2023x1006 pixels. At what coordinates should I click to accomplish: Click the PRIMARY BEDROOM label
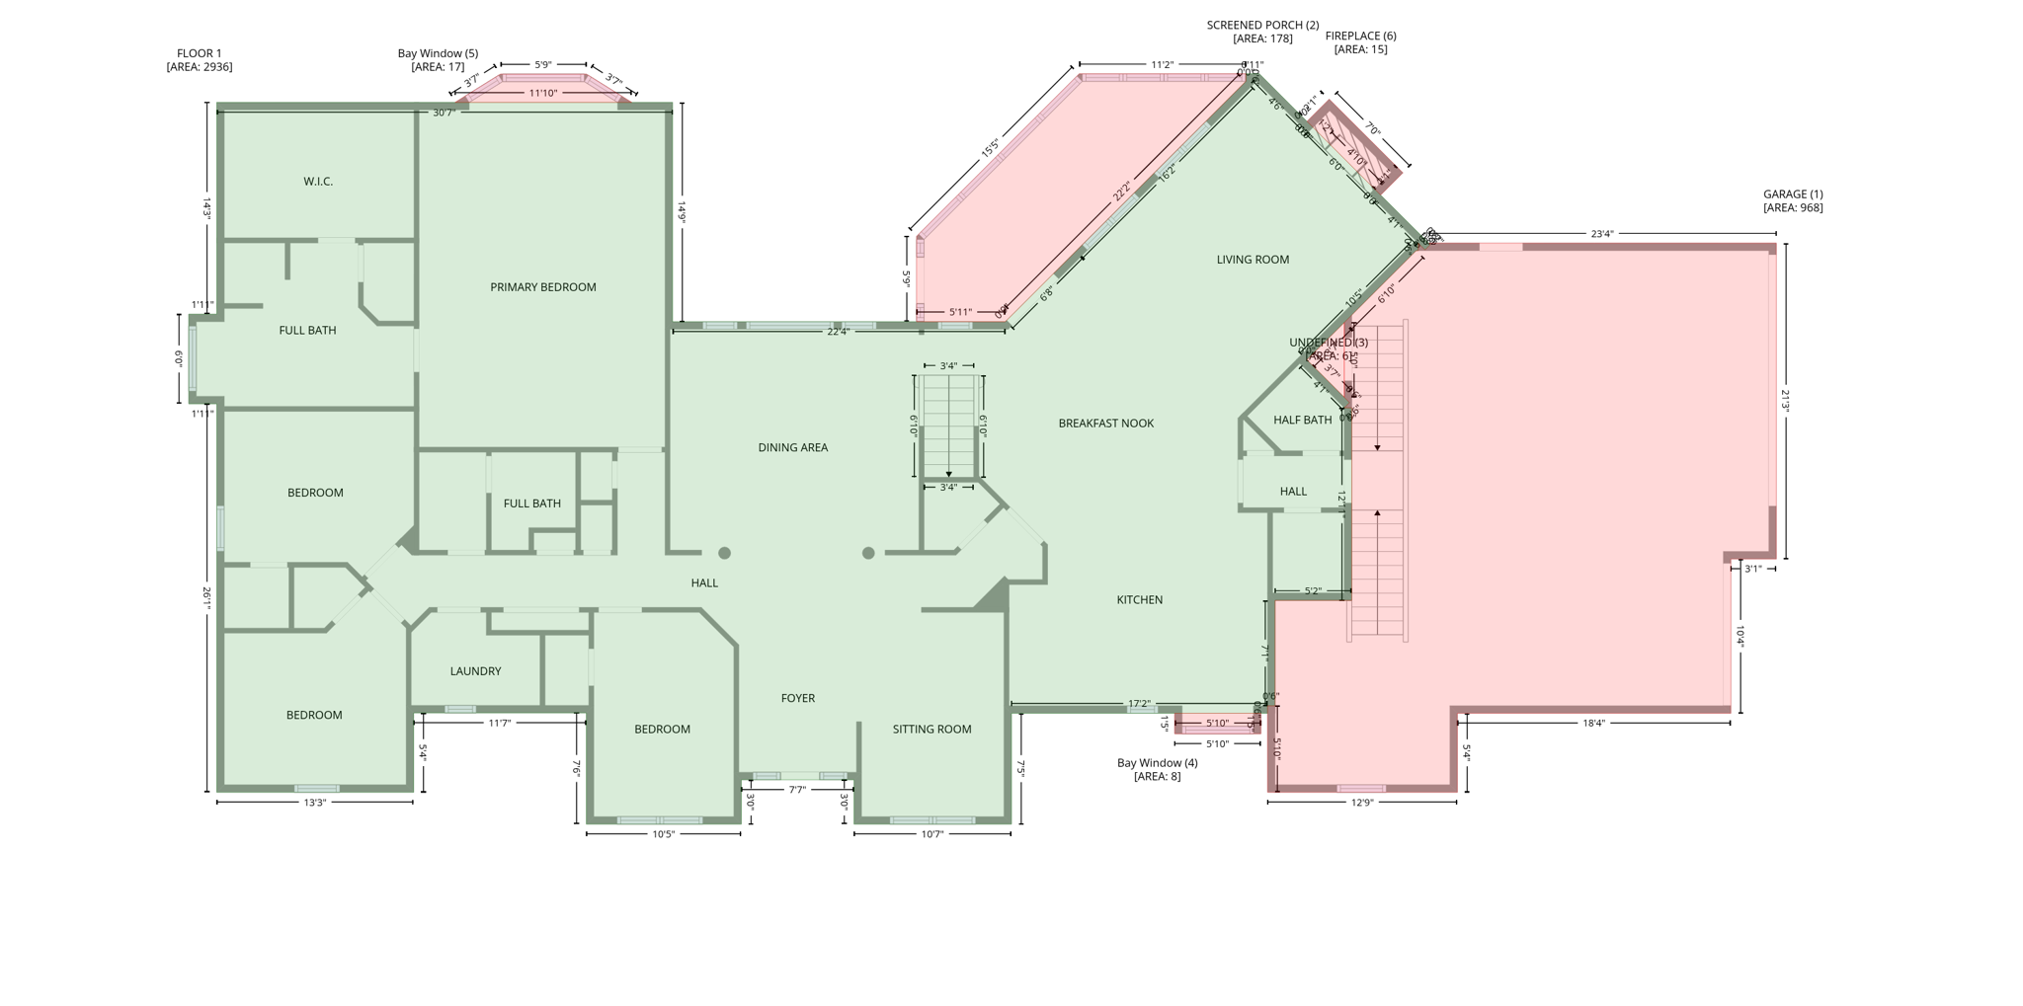click(543, 287)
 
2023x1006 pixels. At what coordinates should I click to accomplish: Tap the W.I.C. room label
click(318, 182)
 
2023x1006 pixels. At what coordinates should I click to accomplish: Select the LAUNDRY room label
click(475, 671)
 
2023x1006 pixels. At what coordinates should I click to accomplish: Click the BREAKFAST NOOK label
click(1105, 424)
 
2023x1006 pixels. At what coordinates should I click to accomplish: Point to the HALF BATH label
click(1302, 420)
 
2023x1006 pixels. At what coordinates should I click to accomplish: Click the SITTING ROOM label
click(931, 730)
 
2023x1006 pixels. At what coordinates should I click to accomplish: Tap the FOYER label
click(797, 698)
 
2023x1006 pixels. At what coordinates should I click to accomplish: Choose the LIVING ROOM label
click(1252, 260)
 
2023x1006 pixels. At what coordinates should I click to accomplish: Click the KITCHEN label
click(1139, 600)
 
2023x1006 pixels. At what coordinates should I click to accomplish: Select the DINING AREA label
click(792, 448)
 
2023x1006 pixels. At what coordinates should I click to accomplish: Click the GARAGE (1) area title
click(1793, 194)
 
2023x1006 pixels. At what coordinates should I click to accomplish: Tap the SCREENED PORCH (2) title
click(1262, 26)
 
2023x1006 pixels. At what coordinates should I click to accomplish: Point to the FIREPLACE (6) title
click(1360, 37)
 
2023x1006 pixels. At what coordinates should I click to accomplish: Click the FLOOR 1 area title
click(199, 54)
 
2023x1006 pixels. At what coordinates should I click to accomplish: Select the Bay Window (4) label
click(1157, 763)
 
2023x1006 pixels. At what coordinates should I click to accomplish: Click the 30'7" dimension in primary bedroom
click(444, 113)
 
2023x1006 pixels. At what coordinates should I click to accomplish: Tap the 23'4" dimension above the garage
click(1601, 234)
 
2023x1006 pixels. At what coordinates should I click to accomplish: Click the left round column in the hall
click(724, 553)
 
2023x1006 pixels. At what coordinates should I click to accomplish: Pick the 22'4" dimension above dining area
click(838, 332)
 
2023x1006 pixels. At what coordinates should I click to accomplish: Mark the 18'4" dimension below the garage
click(1593, 724)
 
